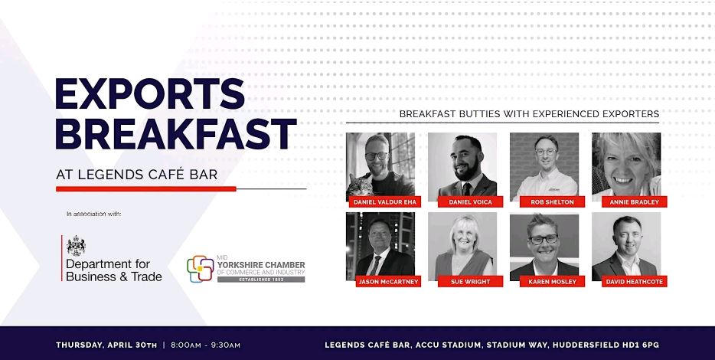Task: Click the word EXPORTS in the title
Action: point(150,93)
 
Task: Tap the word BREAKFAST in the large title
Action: point(176,134)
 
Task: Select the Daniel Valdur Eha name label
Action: point(385,201)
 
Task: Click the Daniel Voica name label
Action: point(470,201)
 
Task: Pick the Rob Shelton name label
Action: point(552,201)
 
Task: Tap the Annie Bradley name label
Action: point(634,201)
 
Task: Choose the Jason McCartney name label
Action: point(388,282)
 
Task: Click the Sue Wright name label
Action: point(470,282)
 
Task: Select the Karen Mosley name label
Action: point(552,282)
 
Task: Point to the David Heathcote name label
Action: point(634,282)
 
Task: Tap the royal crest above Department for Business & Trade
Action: point(76,245)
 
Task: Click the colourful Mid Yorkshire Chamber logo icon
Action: point(200,269)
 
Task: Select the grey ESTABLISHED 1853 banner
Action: point(261,280)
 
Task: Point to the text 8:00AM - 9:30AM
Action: point(205,345)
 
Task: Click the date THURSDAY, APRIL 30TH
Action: point(106,345)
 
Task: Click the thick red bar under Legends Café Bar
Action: point(146,188)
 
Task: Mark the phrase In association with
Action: point(94,214)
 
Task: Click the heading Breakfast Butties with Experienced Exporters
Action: point(530,113)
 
